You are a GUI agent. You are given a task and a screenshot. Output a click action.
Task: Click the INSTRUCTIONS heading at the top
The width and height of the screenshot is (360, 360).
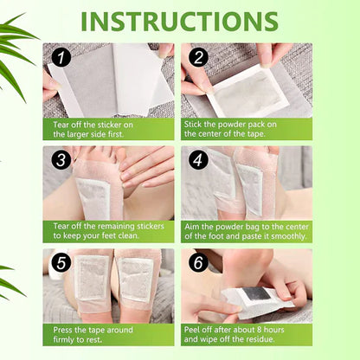(179, 21)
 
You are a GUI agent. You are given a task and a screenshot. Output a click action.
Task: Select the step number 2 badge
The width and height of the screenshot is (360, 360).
(197, 59)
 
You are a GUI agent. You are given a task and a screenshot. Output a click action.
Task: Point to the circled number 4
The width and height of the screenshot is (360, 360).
(197, 161)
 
